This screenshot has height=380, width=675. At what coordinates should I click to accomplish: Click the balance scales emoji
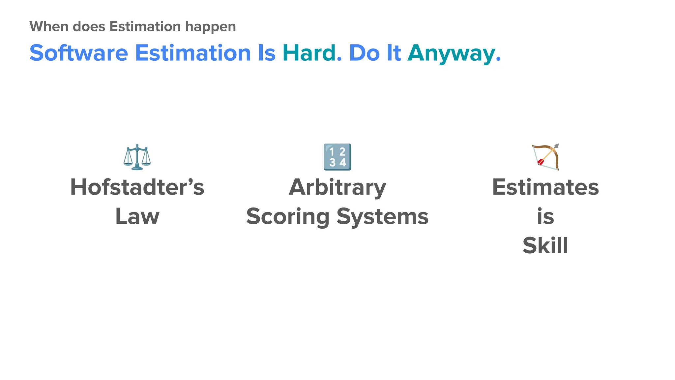137,157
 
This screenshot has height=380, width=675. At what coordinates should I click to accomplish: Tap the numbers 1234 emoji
337,157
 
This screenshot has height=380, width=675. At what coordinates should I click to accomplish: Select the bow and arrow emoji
545,157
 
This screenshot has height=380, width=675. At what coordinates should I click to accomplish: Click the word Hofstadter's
137,187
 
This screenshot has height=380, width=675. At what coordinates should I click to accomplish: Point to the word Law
137,216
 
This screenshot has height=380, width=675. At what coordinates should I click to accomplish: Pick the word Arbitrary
337,187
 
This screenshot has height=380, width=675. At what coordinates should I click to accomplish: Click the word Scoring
288,216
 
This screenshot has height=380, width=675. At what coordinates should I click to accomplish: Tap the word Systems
382,216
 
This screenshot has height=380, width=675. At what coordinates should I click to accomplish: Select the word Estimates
545,187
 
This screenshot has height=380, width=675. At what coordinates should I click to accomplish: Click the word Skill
545,245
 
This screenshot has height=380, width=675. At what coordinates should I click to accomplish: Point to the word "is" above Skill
545,216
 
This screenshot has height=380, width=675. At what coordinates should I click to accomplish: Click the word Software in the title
79,53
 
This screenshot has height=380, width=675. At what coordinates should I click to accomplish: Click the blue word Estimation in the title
193,53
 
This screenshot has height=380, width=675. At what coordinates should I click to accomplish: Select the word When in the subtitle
49,26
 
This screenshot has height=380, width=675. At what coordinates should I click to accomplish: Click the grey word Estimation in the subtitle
145,26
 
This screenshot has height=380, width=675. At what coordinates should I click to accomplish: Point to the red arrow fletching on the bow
541,162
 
